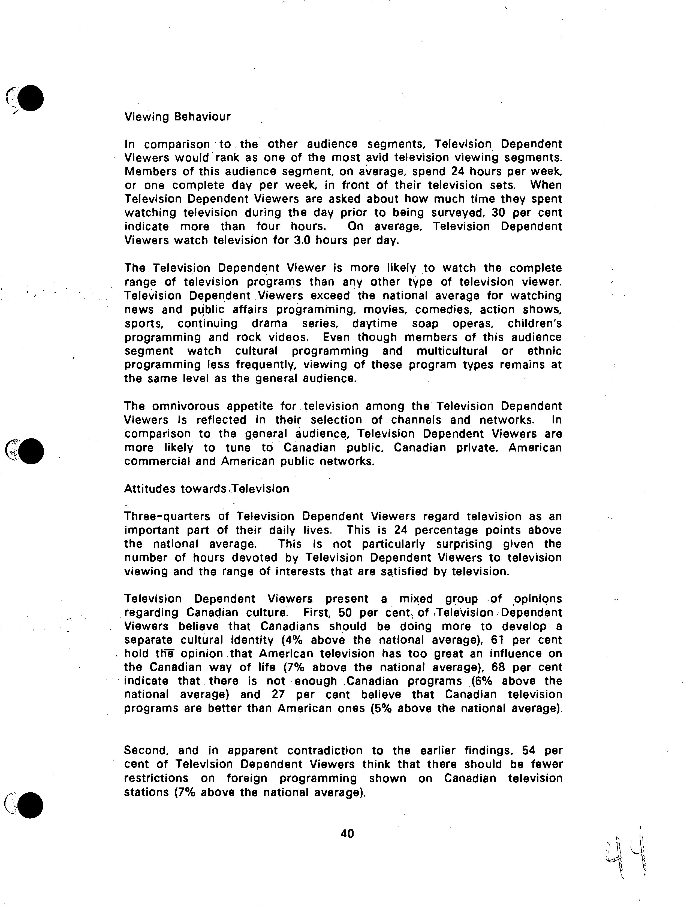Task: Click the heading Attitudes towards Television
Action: (x=206, y=489)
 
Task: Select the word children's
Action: (x=535, y=324)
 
